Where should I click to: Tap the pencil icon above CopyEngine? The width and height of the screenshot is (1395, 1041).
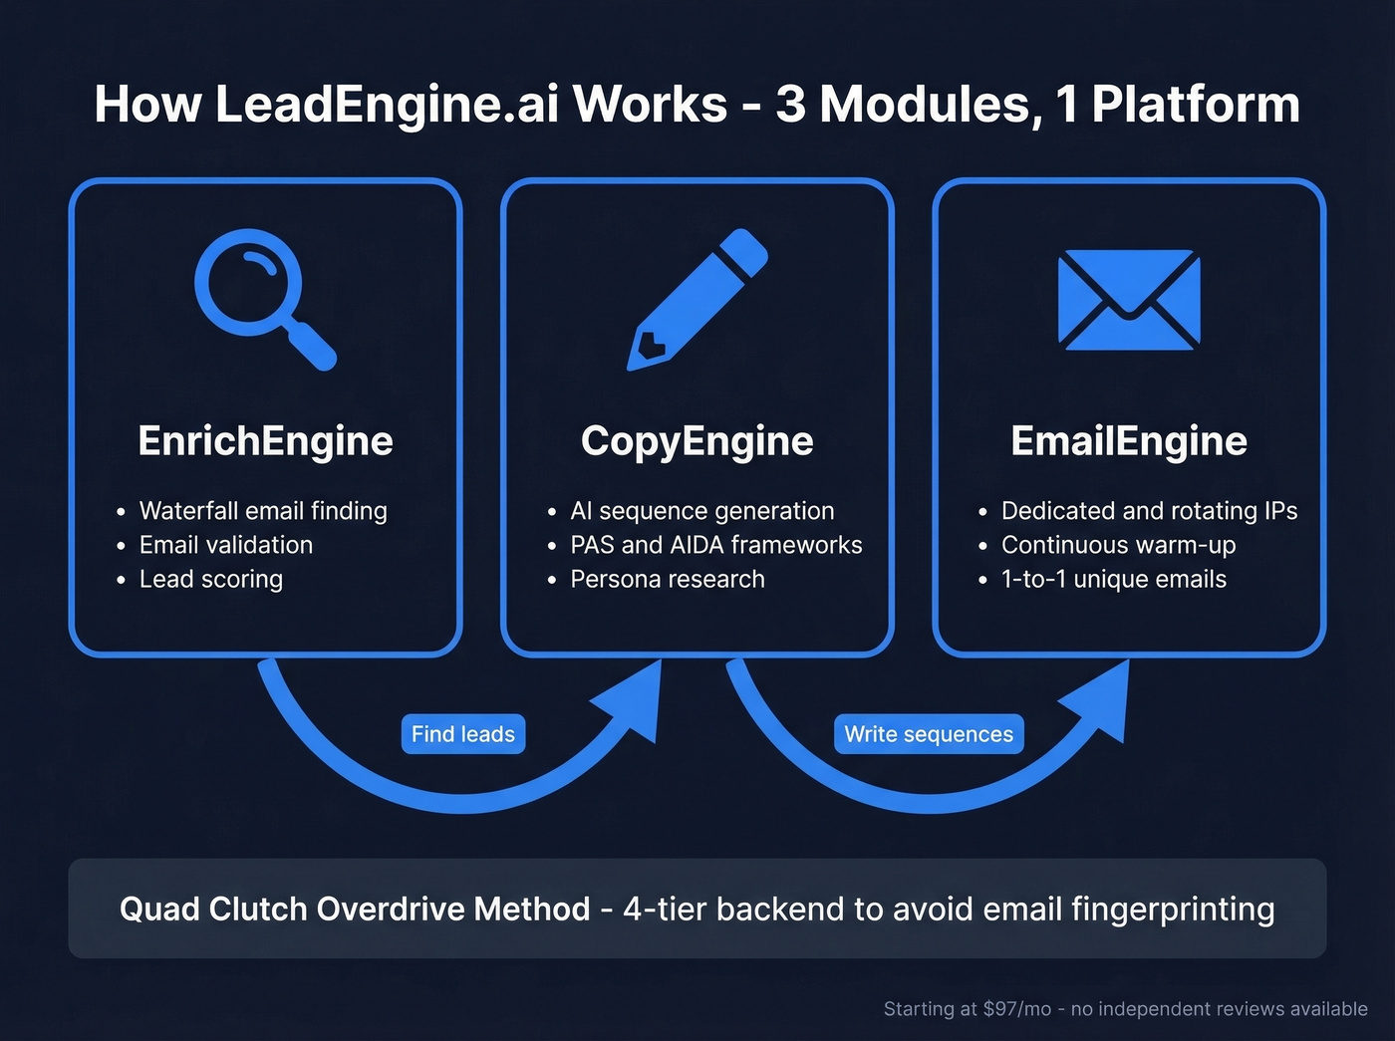pos(697,299)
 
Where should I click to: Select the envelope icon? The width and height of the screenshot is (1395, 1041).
pos(1129,300)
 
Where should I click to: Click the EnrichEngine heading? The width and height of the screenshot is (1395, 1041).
pos(265,441)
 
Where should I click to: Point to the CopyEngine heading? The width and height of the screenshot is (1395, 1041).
pos(697,441)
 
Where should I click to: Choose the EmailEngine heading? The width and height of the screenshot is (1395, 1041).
pos(1129,441)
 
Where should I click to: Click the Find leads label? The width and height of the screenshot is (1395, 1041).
pos(462,734)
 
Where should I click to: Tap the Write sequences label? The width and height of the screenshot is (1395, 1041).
pos(929,734)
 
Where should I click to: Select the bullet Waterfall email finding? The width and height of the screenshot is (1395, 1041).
pos(263,511)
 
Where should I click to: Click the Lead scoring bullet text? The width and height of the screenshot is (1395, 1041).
pos(211,579)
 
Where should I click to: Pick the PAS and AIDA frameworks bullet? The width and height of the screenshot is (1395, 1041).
pos(715,545)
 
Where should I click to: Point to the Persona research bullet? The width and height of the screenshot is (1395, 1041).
pos(668,579)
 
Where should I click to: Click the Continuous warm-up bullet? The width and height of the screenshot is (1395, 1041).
pos(1118,545)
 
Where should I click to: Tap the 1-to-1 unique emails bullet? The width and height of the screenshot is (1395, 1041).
pos(1114,579)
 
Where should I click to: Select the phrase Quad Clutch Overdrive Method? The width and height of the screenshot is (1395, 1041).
pos(355,910)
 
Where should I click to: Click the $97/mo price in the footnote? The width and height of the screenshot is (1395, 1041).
pos(1016,1009)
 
